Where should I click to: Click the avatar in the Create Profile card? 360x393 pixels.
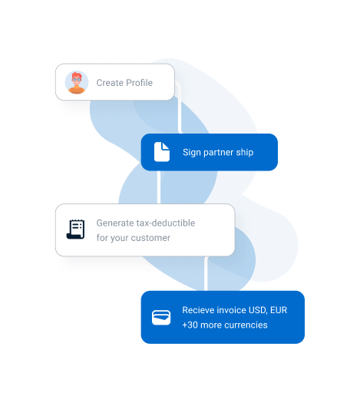pos(77,82)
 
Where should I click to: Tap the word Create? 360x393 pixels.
pos(110,83)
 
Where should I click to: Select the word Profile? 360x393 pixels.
pos(140,83)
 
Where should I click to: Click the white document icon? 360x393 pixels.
pos(162,152)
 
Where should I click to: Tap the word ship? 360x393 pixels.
pos(245,153)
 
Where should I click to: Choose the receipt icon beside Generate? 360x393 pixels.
pos(75,230)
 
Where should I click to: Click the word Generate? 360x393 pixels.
pos(115,223)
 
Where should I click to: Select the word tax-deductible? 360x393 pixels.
pos(166,223)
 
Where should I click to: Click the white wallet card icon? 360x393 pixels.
pos(161,318)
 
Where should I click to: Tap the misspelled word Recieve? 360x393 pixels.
pos(198,310)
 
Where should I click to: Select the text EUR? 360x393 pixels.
pos(279,310)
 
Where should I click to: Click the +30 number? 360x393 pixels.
pos(190,325)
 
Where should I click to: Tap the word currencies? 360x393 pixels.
pos(246,325)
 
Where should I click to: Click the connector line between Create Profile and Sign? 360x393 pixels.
pos(180,108)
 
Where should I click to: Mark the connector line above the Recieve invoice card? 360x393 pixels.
pos(206,274)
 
